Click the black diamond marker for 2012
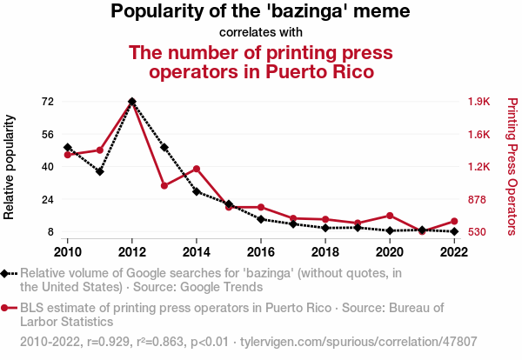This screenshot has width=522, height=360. [x=131, y=102]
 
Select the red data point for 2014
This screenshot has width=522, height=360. [x=197, y=169]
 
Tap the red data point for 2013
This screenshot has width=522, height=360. [x=164, y=186]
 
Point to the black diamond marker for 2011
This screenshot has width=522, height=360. [x=100, y=171]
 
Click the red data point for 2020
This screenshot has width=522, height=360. [x=390, y=216]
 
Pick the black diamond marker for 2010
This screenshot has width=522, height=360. [x=68, y=148]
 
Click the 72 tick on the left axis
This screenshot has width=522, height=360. [x=48, y=102]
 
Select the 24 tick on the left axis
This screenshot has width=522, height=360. [x=48, y=199]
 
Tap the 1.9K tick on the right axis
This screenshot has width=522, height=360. [x=480, y=102]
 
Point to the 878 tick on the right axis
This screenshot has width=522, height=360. [x=479, y=199]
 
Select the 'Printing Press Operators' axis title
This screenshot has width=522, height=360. [x=512, y=166]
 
